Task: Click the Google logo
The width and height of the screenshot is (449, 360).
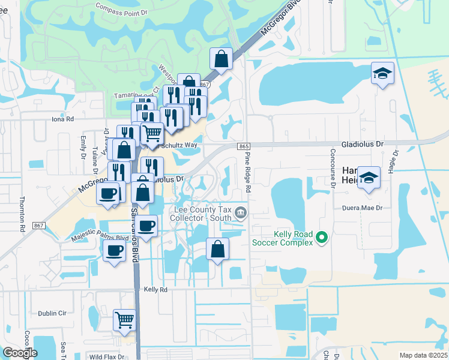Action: pos(20,353)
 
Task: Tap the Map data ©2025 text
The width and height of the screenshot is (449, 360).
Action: pos(423,355)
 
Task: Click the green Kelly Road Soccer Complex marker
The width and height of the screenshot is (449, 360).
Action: pos(322,238)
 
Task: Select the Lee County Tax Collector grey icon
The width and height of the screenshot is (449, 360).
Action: pos(240,212)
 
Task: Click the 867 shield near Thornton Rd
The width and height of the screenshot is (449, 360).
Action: pos(40,225)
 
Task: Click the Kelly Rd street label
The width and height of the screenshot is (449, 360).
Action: pos(155,289)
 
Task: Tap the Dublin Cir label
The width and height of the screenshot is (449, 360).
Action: pos(52,313)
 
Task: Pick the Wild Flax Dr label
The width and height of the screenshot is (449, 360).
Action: pos(106,356)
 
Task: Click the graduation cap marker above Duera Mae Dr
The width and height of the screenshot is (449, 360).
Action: pos(369,177)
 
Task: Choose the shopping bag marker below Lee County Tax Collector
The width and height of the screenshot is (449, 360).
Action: pos(217,249)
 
